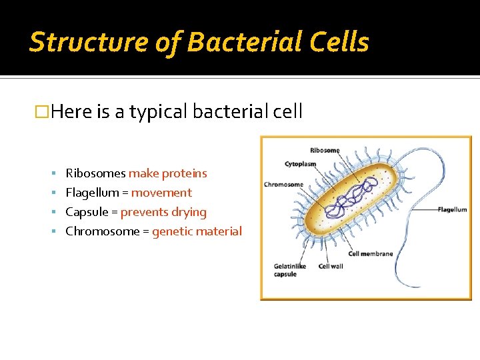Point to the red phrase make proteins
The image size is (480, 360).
tap(167, 173)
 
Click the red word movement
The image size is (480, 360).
tap(161, 193)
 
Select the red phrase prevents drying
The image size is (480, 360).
tap(163, 212)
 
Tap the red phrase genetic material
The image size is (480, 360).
tap(197, 231)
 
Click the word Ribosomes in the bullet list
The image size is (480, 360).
tap(95, 173)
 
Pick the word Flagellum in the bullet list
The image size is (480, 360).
tap(91, 193)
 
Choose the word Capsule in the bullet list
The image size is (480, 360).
tap(87, 212)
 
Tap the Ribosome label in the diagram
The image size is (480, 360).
tap(325, 150)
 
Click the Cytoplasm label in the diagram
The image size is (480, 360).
tap(301, 164)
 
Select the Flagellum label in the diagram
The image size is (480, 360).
tap(452, 209)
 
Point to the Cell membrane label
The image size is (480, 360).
tap(371, 253)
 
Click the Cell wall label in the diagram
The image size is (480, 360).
tap(330, 267)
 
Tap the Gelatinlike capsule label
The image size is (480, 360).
tap(290, 270)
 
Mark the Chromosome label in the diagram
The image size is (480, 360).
tap(283, 185)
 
